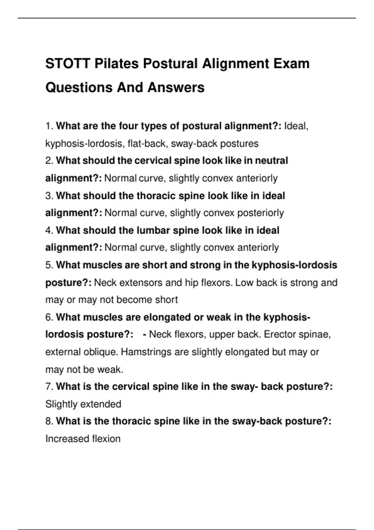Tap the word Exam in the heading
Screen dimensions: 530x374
click(291, 64)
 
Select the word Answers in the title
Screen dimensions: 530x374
click(176, 87)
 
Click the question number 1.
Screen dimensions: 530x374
click(49, 126)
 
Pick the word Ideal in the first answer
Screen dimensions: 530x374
click(295, 126)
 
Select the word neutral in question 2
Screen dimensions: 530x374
click(271, 161)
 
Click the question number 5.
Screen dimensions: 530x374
click(49, 265)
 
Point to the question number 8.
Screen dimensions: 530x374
click(49, 421)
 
